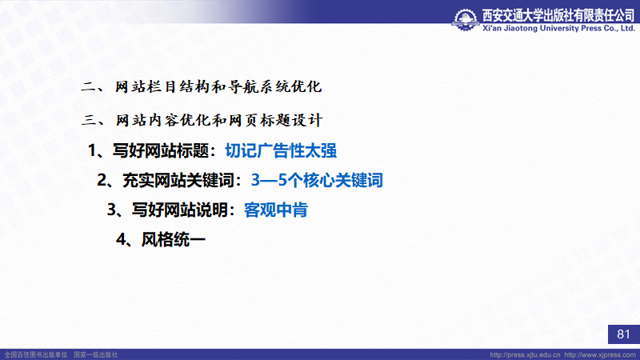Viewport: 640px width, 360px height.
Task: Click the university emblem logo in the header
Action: [466, 19]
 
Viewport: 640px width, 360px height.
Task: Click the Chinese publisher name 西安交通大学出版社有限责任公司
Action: [558, 15]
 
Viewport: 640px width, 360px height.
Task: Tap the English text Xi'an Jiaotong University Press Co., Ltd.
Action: [558, 28]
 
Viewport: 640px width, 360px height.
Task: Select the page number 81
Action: [623, 334]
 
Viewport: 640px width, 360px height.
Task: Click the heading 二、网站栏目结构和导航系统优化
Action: [202, 87]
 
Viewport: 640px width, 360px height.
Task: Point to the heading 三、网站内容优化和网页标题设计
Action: [202, 121]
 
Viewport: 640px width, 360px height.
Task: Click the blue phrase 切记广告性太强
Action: [281, 150]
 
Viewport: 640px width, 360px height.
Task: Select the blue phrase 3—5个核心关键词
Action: [317, 180]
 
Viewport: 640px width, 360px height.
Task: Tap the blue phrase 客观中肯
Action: [275, 210]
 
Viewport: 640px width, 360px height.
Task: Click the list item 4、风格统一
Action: [161, 239]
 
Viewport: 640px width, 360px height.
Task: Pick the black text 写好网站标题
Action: [161, 150]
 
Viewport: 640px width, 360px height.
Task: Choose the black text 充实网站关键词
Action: [178, 180]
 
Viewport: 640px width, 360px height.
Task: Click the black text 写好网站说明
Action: [179, 210]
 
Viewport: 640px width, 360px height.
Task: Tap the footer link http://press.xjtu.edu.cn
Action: [525, 354]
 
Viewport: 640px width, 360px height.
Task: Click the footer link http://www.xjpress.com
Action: [600, 354]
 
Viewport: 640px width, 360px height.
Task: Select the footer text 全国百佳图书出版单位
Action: [36, 354]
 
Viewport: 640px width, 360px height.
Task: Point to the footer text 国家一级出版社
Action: [95, 354]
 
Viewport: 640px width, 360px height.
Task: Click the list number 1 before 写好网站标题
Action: [92, 150]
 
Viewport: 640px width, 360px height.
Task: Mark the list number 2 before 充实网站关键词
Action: [102, 180]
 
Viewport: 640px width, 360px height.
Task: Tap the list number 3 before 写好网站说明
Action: [111, 210]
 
